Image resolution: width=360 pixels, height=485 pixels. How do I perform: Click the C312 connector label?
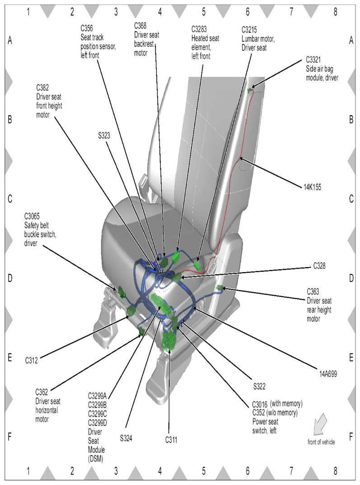coord(32,361)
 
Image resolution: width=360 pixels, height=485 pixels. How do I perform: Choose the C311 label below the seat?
coord(171,439)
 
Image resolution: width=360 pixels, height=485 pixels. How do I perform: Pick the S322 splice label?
coord(259,386)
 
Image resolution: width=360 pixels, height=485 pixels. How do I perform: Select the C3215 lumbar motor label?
coord(258,39)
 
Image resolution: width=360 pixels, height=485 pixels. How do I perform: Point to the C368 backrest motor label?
coord(147,40)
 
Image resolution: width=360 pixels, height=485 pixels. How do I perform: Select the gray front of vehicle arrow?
coord(321,426)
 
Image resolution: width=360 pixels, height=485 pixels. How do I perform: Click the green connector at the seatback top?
coord(250,91)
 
